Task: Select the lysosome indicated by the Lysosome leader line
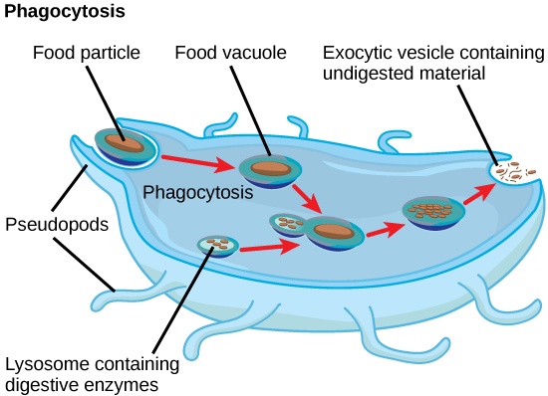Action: (x=216, y=244)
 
